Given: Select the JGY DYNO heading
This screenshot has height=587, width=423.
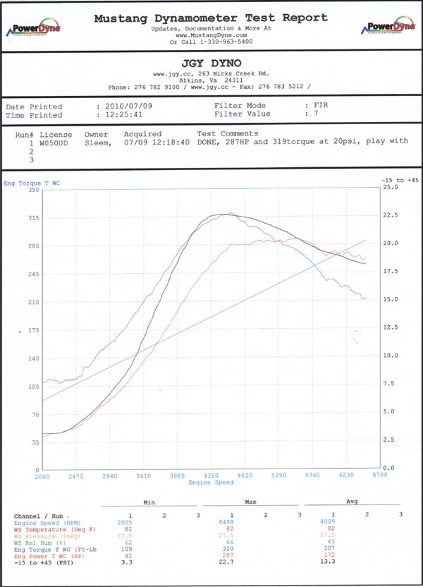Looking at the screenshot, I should pyautogui.click(x=211, y=63).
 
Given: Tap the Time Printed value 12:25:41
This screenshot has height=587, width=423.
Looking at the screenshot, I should pyautogui.click(x=121, y=115).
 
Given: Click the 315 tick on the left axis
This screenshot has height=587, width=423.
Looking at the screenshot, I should pyautogui.click(x=34, y=218).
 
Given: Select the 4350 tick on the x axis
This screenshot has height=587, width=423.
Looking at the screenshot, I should pyautogui.click(x=211, y=476).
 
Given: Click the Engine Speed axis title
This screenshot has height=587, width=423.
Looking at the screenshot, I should pyautogui.click(x=211, y=483).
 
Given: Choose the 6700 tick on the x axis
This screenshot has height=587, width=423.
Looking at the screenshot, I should pyautogui.click(x=379, y=476).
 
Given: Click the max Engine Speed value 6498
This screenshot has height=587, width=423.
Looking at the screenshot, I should pyautogui.click(x=231, y=523).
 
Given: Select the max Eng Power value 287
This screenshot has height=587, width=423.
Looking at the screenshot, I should pyautogui.click(x=231, y=555).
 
